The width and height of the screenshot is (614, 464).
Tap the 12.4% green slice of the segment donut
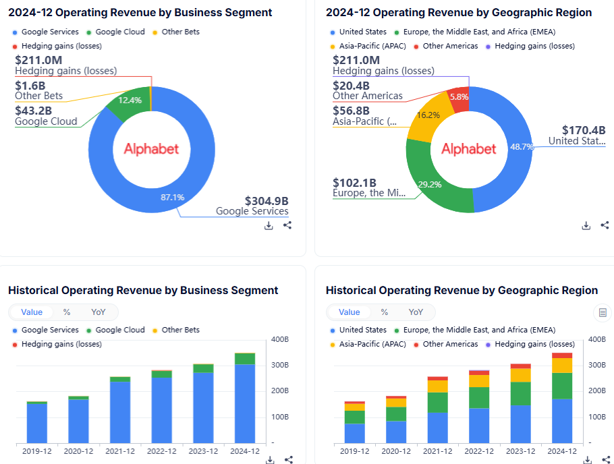coord(129,102)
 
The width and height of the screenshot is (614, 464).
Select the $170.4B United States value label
coord(584,130)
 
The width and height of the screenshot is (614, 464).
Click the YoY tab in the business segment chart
coord(98,312)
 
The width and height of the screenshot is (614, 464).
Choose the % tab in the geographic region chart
coord(385,312)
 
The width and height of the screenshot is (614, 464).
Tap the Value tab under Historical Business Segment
coord(32,312)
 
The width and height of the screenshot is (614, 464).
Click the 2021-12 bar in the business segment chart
coord(120,411)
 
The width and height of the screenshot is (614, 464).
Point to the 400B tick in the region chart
coord(596,339)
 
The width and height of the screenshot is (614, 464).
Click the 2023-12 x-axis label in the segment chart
coord(203,451)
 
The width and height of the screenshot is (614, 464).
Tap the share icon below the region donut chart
coord(605,225)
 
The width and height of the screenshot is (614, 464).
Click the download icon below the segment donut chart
coord(269,225)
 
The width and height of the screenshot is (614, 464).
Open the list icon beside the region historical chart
coord(601,312)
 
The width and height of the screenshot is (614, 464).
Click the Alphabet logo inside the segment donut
coord(151,148)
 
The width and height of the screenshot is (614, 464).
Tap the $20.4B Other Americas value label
coord(351,86)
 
